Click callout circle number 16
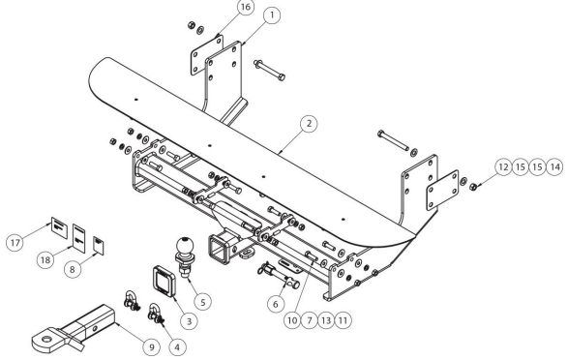(246, 7)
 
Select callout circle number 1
(272, 15)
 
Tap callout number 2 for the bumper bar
(309, 124)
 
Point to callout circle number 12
(503, 167)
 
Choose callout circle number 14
(554, 167)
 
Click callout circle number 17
(15, 242)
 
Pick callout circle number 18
(45, 259)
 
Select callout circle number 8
(73, 269)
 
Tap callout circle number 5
(202, 302)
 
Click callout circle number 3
(189, 320)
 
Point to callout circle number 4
(177, 347)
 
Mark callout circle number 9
(151, 347)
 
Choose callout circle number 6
(276, 304)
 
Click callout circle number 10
(292, 319)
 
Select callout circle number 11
(343, 319)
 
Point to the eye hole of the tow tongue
(46, 340)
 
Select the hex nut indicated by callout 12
(473, 187)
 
